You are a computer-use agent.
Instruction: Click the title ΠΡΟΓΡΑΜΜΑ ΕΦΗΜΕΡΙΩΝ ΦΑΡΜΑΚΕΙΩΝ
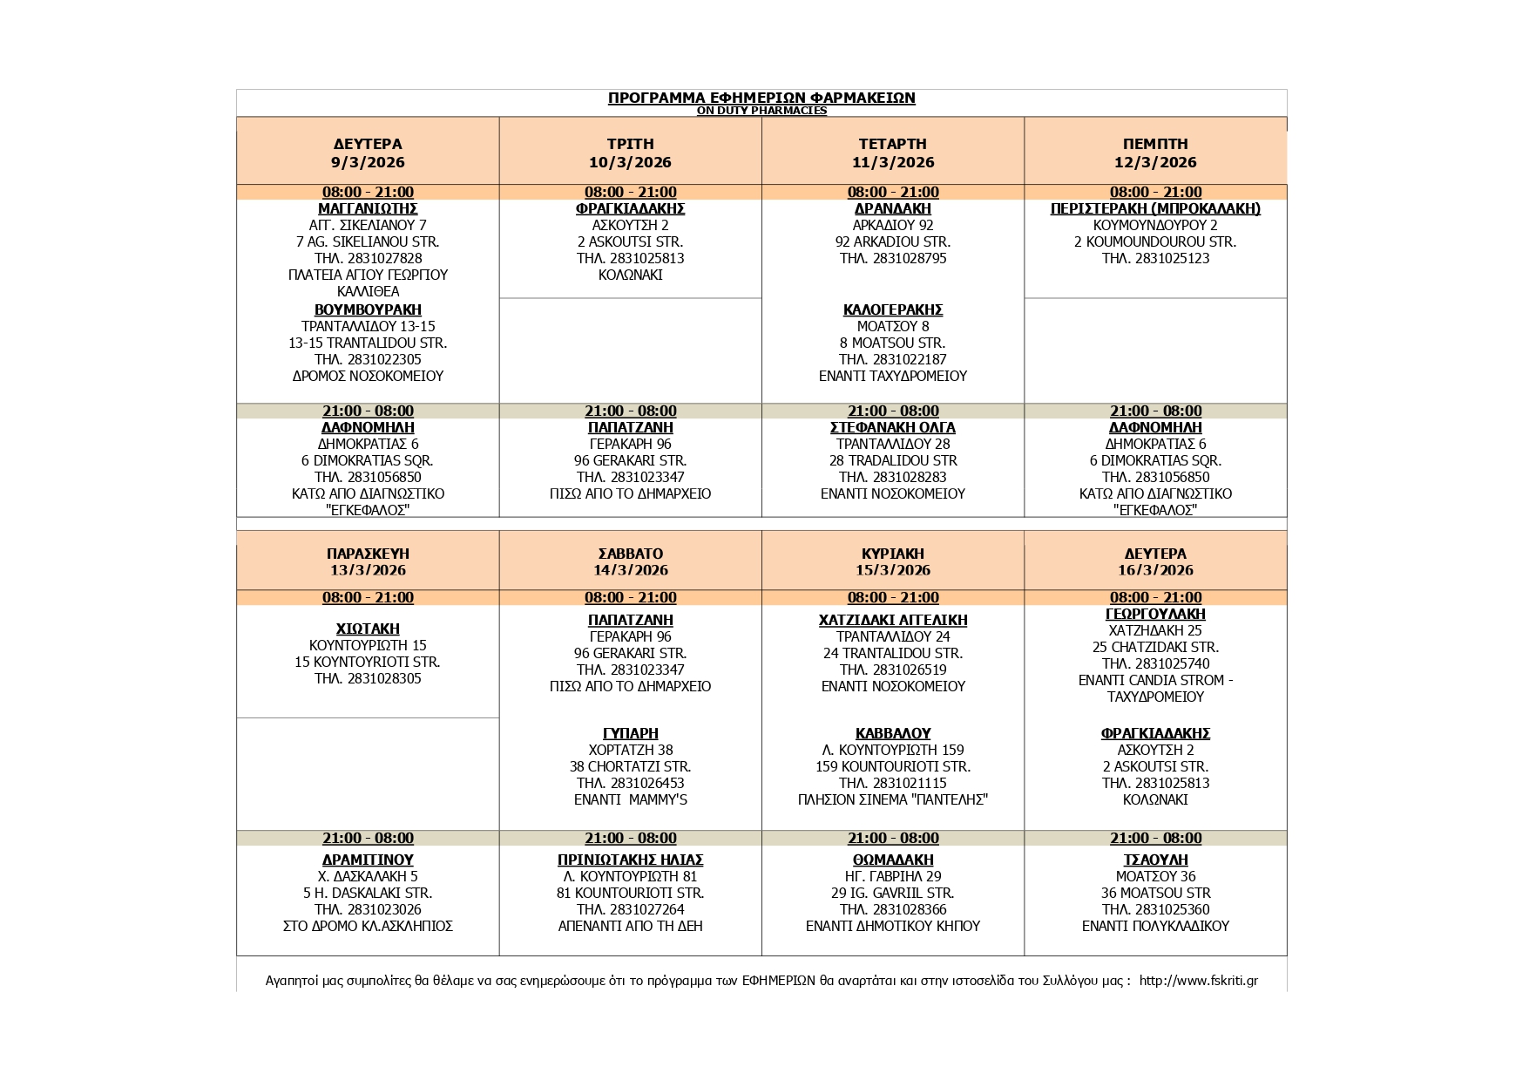point(761,98)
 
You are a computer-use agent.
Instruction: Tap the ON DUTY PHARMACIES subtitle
point(761,111)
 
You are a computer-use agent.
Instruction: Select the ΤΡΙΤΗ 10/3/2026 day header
point(630,153)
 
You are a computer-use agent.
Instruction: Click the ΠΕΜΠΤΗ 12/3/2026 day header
point(1155,153)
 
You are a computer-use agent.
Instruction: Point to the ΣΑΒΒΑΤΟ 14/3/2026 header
point(630,561)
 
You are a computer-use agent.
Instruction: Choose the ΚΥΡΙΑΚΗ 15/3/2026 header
point(893,561)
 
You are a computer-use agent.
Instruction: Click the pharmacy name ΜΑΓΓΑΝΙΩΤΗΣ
point(368,208)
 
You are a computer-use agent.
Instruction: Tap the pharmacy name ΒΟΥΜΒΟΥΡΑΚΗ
point(368,309)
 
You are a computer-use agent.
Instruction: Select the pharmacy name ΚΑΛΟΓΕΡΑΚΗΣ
point(893,309)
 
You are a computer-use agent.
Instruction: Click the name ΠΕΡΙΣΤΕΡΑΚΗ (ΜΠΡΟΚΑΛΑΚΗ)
point(1155,208)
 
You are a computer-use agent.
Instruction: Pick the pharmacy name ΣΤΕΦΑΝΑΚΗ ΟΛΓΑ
point(893,427)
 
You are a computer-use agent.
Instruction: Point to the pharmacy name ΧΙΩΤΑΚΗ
point(368,629)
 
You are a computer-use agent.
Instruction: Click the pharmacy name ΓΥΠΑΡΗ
point(630,733)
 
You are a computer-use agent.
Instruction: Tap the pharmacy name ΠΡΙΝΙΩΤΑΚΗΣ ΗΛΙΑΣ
point(630,860)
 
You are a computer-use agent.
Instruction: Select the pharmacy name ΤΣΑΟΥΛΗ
point(1155,860)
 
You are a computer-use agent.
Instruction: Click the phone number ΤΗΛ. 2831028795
point(893,258)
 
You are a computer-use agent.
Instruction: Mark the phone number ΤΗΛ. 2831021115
point(893,783)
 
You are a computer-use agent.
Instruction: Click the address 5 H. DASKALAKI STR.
point(368,893)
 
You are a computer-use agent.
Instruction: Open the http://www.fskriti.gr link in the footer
point(1198,981)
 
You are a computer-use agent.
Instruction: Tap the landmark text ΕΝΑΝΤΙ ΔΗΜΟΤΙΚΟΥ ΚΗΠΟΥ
point(893,926)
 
